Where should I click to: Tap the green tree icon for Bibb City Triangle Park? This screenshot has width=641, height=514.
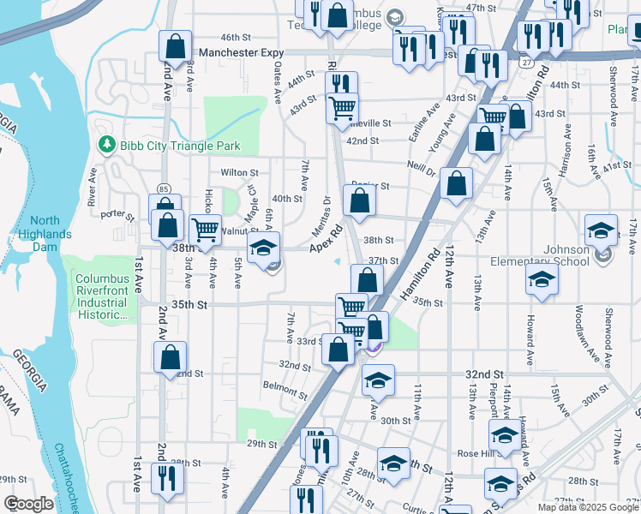[x=107, y=146]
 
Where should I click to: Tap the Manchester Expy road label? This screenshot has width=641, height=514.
[x=241, y=52]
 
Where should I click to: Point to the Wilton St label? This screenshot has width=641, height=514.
[x=239, y=173]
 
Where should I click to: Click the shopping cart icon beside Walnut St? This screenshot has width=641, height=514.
[x=205, y=230]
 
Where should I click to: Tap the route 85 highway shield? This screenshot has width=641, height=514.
[x=162, y=188]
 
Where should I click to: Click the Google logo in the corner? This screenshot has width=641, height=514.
[x=29, y=504]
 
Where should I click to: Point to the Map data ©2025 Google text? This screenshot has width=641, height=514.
[x=588, y=507]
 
